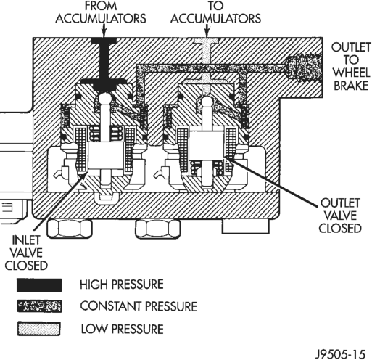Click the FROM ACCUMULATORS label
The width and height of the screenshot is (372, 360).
click(101, 12)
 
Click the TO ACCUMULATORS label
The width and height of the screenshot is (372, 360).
click(215, 12)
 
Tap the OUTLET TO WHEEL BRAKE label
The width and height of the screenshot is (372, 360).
click(351, 66)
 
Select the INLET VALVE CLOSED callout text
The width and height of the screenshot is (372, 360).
click(26, 253)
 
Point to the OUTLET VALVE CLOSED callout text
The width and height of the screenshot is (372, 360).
click(340, 216)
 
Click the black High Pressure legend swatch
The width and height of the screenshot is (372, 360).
click(39, 285)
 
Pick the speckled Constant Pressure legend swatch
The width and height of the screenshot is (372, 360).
click(39, 306)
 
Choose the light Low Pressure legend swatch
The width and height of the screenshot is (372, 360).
click(38, 329)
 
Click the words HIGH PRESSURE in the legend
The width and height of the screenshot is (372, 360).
click(122, 285)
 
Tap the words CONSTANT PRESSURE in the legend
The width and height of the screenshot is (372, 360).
click(139, 306)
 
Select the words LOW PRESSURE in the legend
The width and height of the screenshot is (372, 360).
click(122, 329)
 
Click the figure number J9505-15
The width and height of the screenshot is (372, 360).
click(340, 354)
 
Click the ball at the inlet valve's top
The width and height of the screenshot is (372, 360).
click(104, 99)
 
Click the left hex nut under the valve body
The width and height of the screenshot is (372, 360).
click(70, 229)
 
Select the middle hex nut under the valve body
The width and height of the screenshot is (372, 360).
click(157, 229)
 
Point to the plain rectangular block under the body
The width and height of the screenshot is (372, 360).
click(246, 226)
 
